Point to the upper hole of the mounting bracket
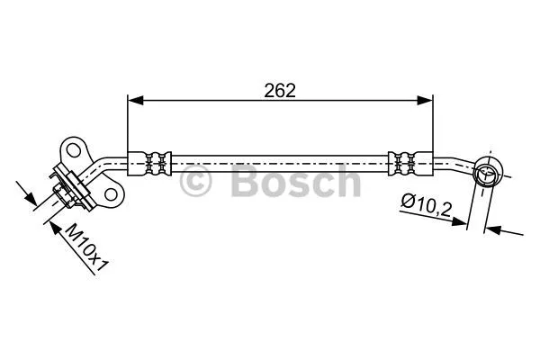point(71,148)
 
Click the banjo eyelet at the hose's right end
point(487,172)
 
